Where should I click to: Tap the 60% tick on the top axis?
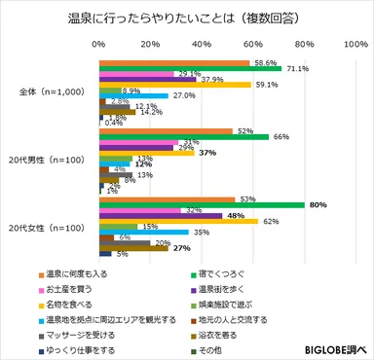[253, 46]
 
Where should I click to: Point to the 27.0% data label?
[184, 95]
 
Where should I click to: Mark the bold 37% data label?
[206, 153]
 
